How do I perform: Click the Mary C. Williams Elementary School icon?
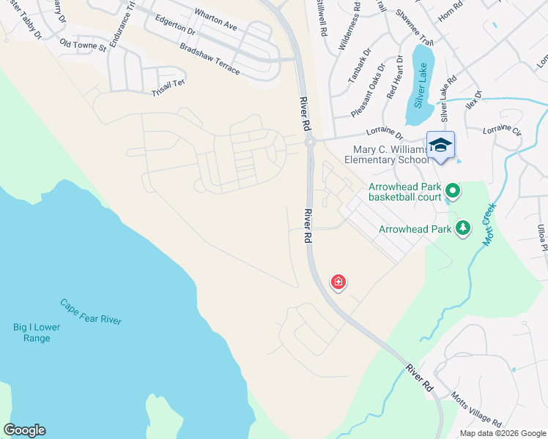click(x=440, y=145)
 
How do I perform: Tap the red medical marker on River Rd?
click(x=338, y=282)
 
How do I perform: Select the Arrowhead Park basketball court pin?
click(x=453, y=192)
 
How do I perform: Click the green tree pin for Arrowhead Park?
click(x=462, y=228)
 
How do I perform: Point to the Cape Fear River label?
click(x=91, y=312)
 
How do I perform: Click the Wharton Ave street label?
click(x=216, y=20)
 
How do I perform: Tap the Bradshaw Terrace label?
click(x=210, y=58)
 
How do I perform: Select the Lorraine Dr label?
click(x=384, y=134)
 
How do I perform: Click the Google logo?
click(x=24, y=430)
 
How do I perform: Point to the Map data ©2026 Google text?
click(x=502, y=433)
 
